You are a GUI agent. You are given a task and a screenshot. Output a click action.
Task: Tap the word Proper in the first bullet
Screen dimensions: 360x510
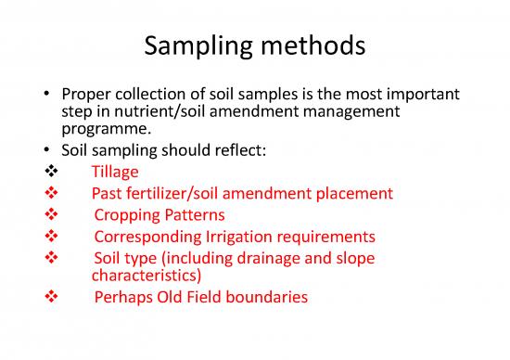click(x=85, y=97)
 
